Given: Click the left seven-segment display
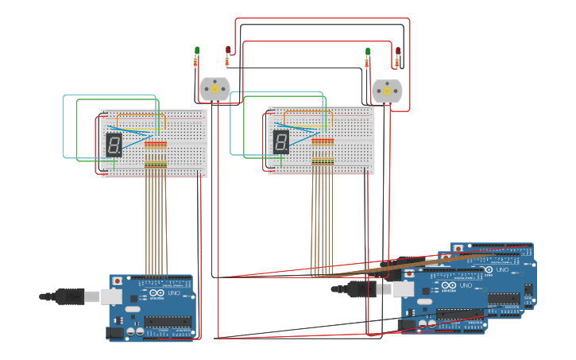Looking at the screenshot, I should (x=114, y=144).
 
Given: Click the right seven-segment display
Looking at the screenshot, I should (x=281, y=142).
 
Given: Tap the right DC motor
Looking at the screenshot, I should (x=387, y=91).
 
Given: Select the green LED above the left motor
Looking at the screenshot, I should (x=197, y=51).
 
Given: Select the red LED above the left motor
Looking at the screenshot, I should (x=228, y=50).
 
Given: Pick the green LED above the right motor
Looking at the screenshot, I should (x=368, y=52).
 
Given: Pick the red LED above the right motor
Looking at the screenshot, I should (x=398, y=52).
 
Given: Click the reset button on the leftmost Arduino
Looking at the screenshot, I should (x=118, y=281).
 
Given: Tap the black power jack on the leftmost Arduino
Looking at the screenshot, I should (x=115, y=332).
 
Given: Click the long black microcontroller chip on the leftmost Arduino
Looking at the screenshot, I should (x=168, y=322).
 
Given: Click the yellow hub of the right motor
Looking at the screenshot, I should (x=387, y=91).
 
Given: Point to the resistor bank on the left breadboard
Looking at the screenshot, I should (x=156, y=154).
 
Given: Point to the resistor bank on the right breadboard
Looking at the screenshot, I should (x=323, y=151).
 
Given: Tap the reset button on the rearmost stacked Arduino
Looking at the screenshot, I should (x=458, y=248).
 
